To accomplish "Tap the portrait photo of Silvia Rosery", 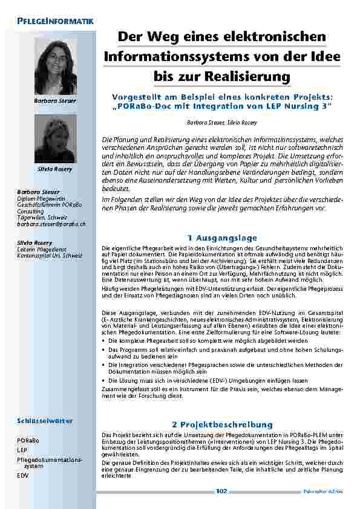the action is click(x=55, y=137).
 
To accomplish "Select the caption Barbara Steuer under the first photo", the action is click(x=55, y=100).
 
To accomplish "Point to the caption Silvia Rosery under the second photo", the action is click(x=55, y=169).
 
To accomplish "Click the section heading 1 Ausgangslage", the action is click(x=223, y=238).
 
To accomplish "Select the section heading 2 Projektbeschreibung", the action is click(x=223, y=424).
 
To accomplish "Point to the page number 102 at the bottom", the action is click(x=221, y=491).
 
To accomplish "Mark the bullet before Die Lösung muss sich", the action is click(x=104, y=381).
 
